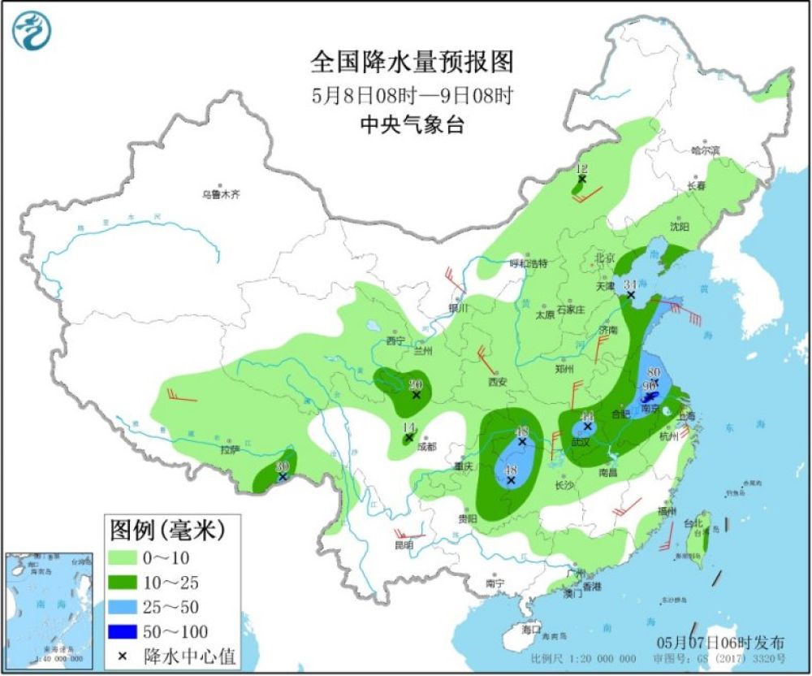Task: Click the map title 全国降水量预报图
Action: (412, 62)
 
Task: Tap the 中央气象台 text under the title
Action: (412, 124)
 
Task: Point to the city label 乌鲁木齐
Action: (221, 195)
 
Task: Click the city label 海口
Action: (531, 630)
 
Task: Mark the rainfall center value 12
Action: (581, 169)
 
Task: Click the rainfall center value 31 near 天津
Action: (629, 284)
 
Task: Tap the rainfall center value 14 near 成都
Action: (408, 428)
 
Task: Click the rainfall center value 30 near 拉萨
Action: (282, 466)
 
